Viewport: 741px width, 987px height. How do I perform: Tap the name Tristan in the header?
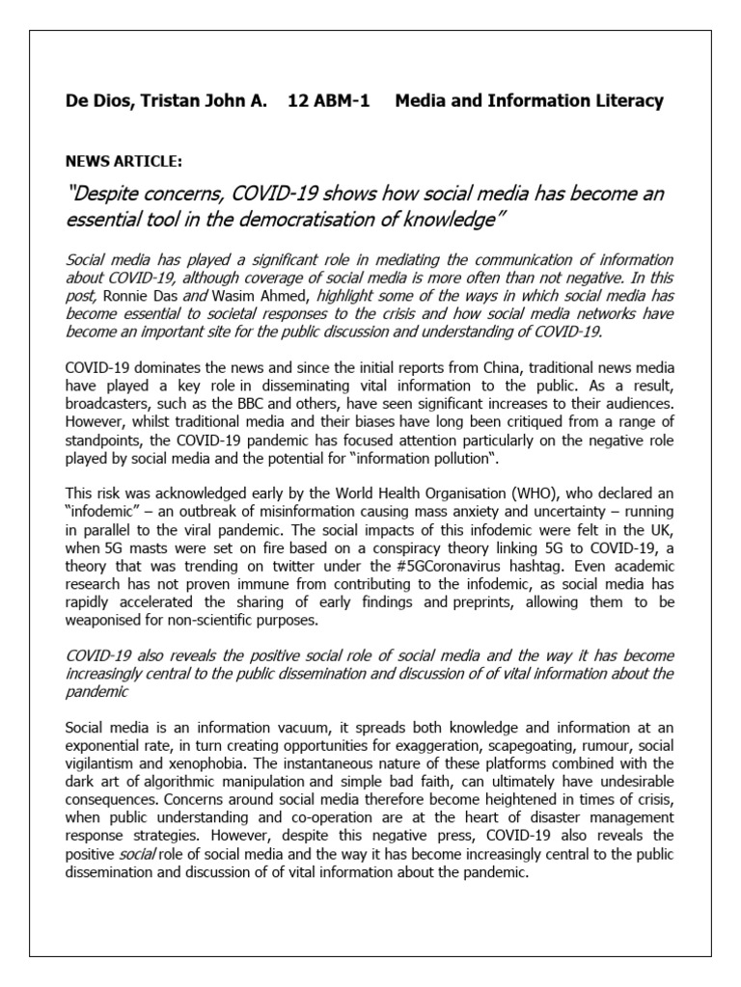click(x=165, y=101)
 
